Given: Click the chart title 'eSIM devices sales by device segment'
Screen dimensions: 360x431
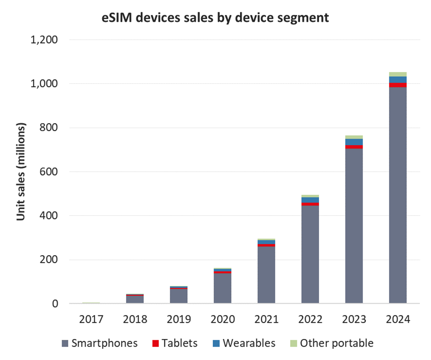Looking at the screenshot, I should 215,18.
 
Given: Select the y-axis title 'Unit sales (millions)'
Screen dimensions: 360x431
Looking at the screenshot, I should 21,171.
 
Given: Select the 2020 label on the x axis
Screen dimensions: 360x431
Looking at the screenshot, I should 222,319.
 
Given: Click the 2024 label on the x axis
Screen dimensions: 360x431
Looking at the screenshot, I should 398,319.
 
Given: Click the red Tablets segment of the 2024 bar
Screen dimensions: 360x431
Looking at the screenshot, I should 398,85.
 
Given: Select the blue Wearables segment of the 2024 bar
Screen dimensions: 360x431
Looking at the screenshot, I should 398,79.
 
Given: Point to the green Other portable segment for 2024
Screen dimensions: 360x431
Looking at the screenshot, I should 398,74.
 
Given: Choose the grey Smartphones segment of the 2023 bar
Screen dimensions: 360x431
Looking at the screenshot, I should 354,225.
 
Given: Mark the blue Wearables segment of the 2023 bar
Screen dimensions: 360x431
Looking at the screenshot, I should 354,142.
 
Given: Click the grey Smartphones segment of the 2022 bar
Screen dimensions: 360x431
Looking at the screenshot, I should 310,255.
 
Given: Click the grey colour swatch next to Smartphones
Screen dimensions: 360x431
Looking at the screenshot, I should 65,343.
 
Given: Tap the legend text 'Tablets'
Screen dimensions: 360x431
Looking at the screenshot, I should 180,343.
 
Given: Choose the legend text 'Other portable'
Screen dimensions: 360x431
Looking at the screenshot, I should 336,343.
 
